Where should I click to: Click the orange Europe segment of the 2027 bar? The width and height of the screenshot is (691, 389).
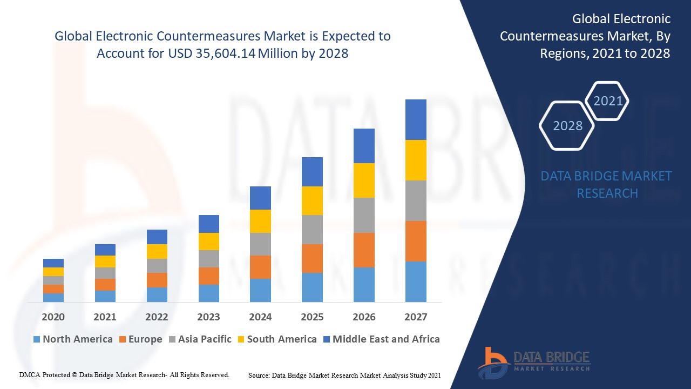coord(416,241)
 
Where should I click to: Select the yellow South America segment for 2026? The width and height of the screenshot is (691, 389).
coord(364,180)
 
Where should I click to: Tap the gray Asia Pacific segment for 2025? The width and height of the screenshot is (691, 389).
coord(312,230)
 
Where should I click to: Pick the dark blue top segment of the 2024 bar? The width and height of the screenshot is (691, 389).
coord(260,198)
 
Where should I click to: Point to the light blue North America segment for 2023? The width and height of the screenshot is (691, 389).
coord(208,293)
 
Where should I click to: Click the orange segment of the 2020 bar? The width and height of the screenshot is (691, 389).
coord(53,289)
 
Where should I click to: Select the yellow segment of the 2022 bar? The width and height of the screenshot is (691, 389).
coord(157,251)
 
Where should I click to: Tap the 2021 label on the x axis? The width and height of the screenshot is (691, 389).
coord(105,317)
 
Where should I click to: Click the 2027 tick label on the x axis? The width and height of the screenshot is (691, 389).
coord(416,317)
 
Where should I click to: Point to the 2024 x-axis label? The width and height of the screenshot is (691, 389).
coord(260,317)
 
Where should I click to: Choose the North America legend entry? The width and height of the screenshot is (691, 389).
coord(73,339)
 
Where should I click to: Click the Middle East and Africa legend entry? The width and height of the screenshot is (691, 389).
coord(381,339)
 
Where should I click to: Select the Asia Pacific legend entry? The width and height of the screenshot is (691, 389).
coord(200,339)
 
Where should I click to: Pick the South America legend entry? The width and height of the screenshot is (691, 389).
coord(277,339)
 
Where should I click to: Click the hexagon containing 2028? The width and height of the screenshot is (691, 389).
coord(567,125)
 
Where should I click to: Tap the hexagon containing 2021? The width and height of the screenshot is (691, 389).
coord(608,100)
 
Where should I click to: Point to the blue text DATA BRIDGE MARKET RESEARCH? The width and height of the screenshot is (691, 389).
coord(606,184)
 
